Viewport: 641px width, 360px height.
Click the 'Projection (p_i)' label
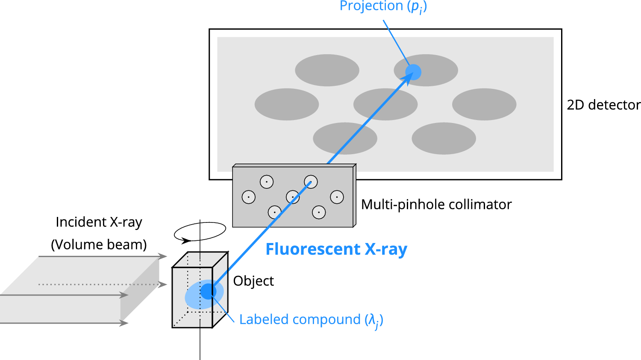(x=383, y=6)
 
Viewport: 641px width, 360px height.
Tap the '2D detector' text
(x=603, y=105)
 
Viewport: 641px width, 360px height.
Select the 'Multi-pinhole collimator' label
(x=436, y=205)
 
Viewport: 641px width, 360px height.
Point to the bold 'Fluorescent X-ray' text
(x=336, y=249)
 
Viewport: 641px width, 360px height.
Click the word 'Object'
(x=253, y=281)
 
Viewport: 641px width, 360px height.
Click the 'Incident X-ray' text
(x=99, y=222)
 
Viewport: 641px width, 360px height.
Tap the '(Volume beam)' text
(x=99, y=245)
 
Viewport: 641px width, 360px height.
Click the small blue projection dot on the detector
(x=414, y=72)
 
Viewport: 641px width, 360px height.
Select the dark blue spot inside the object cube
(x=208, y=291)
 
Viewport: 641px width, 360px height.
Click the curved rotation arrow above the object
(x=200, y=232)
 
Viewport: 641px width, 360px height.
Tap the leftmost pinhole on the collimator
(x=249, y=197)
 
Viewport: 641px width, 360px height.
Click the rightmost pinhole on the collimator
(x=337, y=197)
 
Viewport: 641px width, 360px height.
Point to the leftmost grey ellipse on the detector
(x=287, y=104)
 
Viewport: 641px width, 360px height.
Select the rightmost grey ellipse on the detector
(x=484, y=104)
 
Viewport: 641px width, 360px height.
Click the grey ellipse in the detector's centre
(x=385, y=104)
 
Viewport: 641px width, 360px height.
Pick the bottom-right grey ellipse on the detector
(x=444, y=138)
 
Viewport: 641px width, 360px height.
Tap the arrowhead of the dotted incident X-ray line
(x=163, y=284)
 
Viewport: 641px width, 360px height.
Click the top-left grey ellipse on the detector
(x=327, y=70)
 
